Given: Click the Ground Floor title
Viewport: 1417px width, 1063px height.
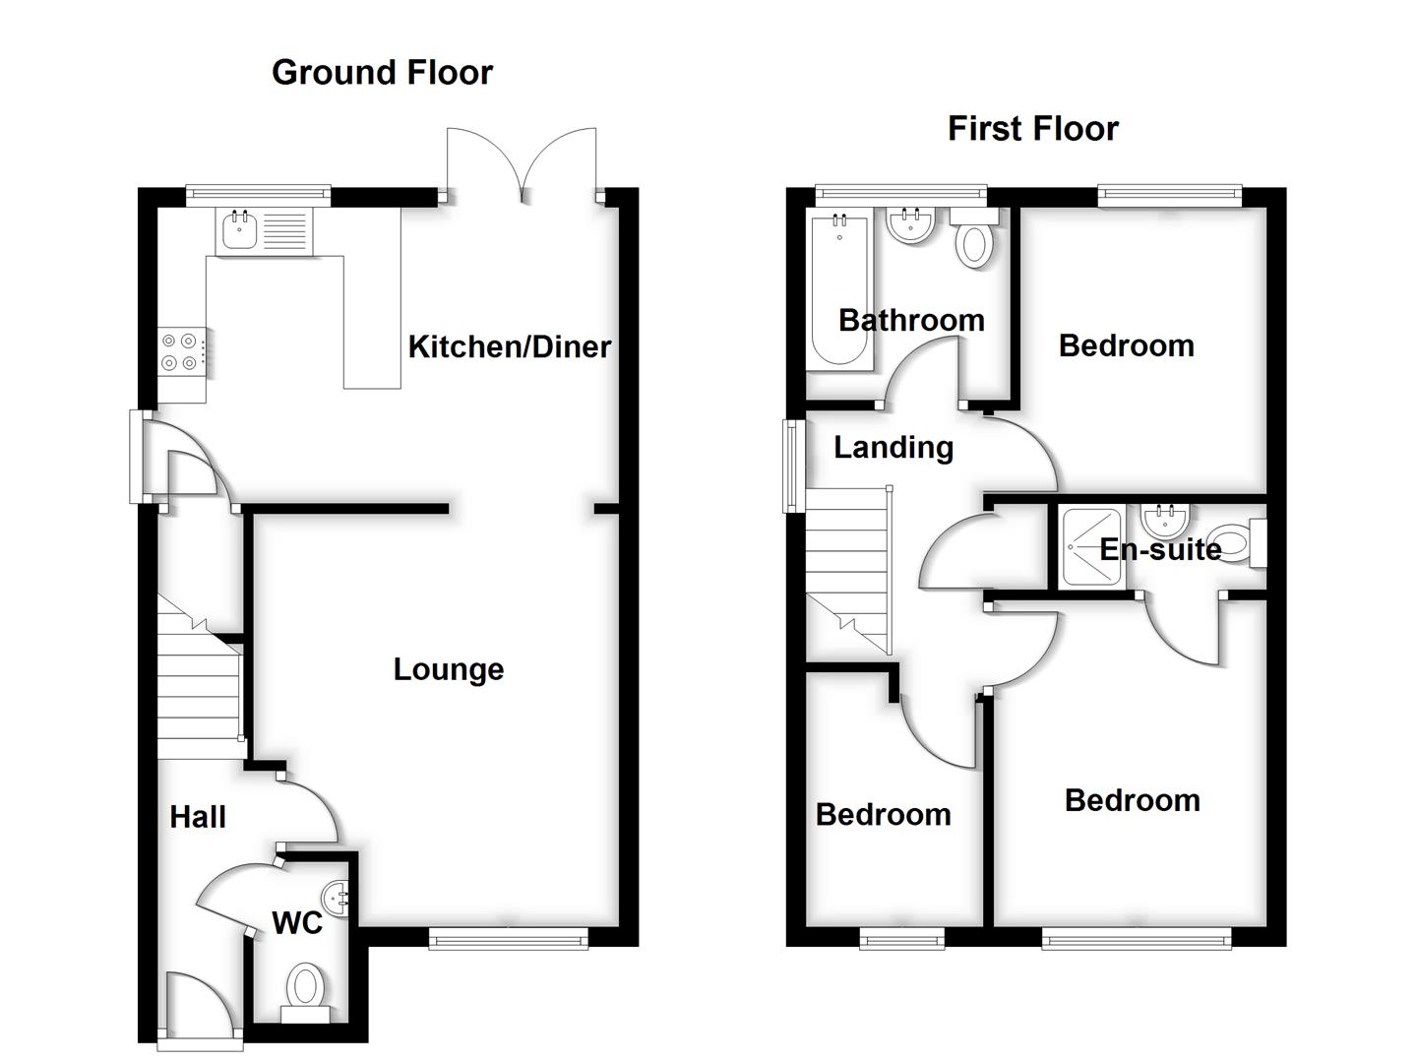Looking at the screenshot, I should tap(382, 73).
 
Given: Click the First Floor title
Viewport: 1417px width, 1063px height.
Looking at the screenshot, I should tap(1032, 129).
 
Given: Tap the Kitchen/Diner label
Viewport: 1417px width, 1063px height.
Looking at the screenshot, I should tap(509, 346).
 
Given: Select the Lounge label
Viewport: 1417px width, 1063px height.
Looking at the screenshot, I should tap(448, 669).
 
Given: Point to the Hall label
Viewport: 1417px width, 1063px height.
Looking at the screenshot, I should tap(198, 817).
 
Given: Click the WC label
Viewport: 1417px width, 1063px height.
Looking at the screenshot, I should tap(297, 923).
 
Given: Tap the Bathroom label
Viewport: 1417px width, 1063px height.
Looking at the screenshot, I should tap(911, 320).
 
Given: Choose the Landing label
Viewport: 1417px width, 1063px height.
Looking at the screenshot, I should tap(893, 448).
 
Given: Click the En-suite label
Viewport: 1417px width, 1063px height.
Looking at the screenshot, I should tap(1160, 549).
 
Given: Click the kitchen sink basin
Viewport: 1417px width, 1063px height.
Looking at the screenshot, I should tap(239, 231).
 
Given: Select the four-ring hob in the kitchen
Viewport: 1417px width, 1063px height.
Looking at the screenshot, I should tap(183, 351).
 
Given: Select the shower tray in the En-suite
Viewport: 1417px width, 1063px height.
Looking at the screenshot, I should tap(1091, 547).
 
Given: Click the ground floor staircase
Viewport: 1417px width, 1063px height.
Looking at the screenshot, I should tap(200, 689).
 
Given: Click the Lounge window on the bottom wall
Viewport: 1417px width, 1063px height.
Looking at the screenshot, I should tap(508, 939).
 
